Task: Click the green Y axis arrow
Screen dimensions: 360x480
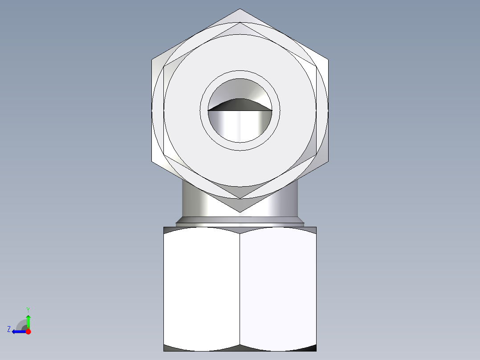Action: (x=28, y=320)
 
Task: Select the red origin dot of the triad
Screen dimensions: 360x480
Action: (x=28, y=331)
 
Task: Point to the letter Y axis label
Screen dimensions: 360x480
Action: (x=28, y=309)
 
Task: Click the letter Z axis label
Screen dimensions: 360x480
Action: (x=9, y=329)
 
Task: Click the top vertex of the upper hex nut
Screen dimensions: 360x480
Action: (x=240, y=9)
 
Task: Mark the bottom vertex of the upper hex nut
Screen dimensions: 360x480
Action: (x=240, y=212)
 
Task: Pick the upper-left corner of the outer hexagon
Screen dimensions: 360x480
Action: (x=152, y=59)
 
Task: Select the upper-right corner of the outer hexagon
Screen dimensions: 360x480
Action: (x=329, y=59)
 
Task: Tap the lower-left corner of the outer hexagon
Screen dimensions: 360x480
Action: (x=152, y=161)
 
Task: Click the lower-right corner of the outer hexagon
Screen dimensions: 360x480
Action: (x=329, y=161)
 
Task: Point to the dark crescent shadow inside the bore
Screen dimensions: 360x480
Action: (x=240, y=104)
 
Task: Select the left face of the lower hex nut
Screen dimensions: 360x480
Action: (x=202, y=287)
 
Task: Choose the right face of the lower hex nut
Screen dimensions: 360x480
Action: (x=278, y=287)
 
